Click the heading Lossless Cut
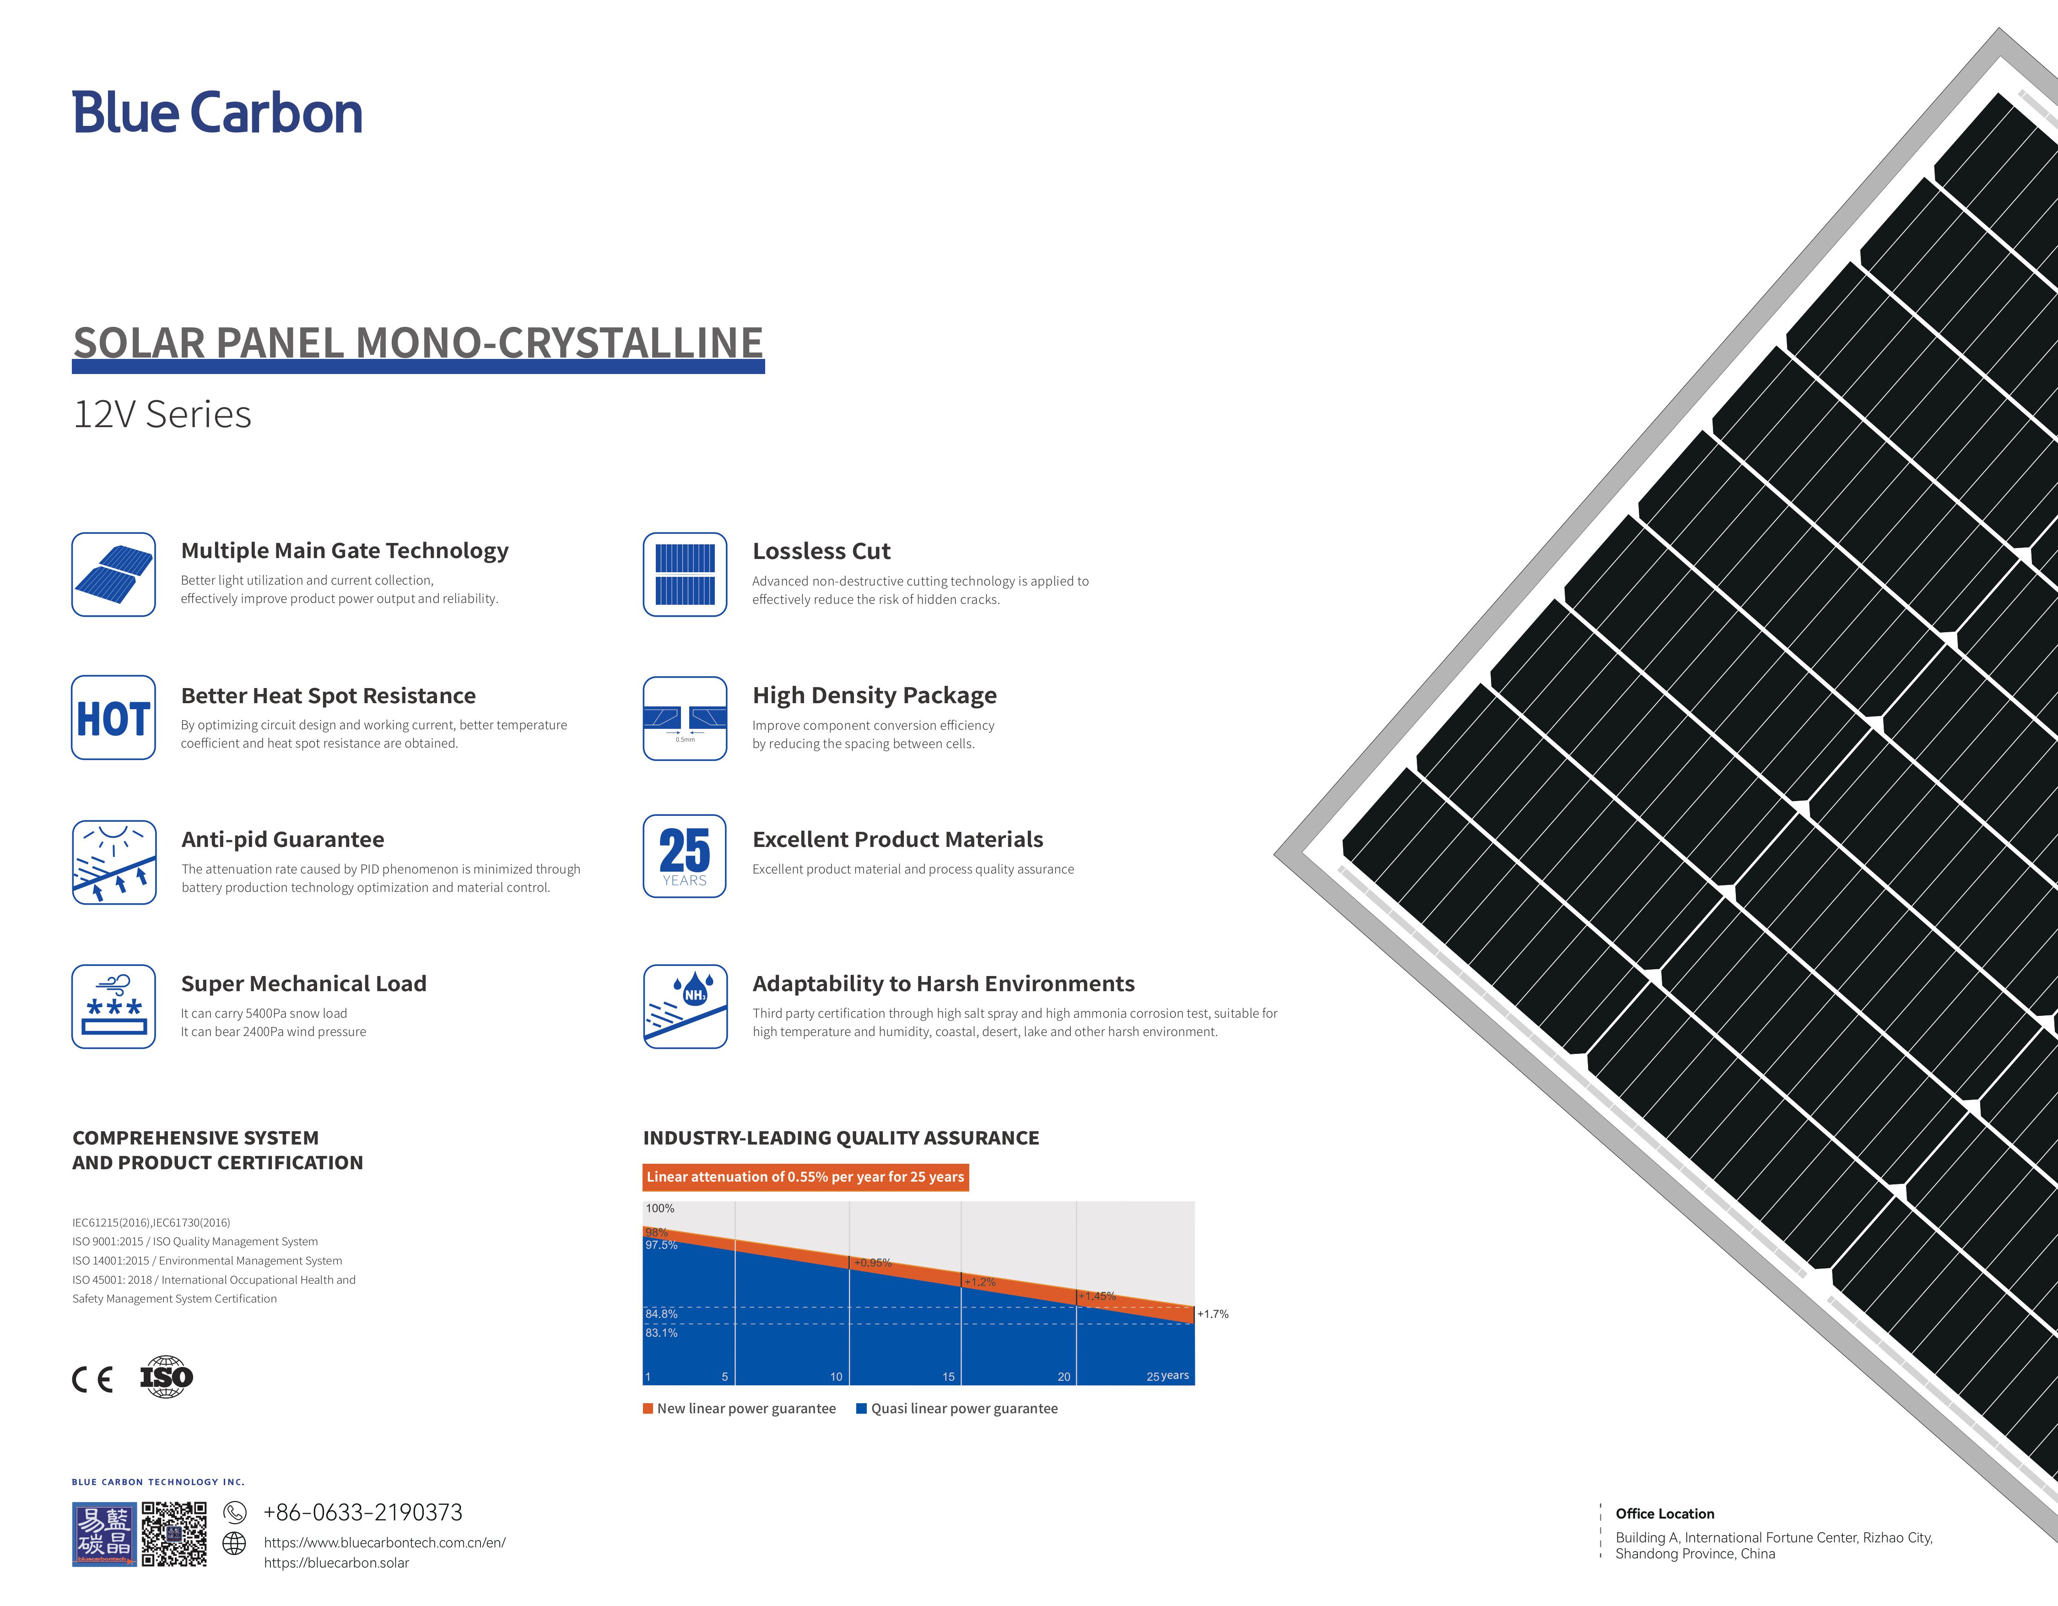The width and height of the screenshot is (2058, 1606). click(x=821, y=551)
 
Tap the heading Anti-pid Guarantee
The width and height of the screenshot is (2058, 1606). click(x=283, y=840)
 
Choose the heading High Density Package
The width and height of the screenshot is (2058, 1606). click(x=875, y=695)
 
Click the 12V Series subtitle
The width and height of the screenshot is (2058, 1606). click(x=162, y=415)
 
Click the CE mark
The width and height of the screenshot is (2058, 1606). click(x=92, y=1380)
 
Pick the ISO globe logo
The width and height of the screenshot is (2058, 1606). click(x=166, y=1377)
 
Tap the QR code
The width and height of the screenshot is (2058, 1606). click(x=174, y=1535)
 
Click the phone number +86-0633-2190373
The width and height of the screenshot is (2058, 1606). click(x=363, y=1513)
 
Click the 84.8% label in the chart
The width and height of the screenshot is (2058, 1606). click(x=661, y=1314)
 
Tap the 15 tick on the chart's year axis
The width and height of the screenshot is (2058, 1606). click(x=949, y=1377)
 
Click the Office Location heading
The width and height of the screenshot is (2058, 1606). click(x=1665, y=1514)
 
